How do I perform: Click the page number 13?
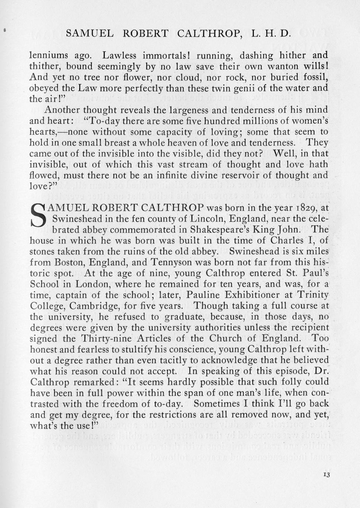(x=326, y=474)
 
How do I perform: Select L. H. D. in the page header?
(x=272, y=34)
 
